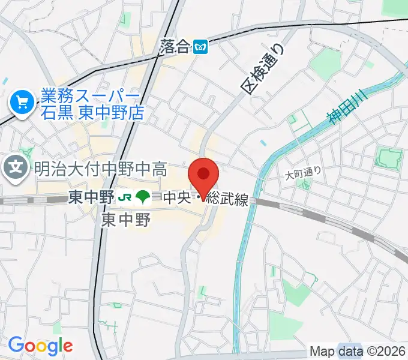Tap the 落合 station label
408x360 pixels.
coord(175,47)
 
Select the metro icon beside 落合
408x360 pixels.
coord(202,47)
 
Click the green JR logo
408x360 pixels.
coord(125,197)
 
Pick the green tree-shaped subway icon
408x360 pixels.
coord(142,197)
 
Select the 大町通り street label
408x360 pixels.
coord(304,172)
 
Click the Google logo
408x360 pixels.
coord(40,346)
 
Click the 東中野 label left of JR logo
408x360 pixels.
coord(90,197)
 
